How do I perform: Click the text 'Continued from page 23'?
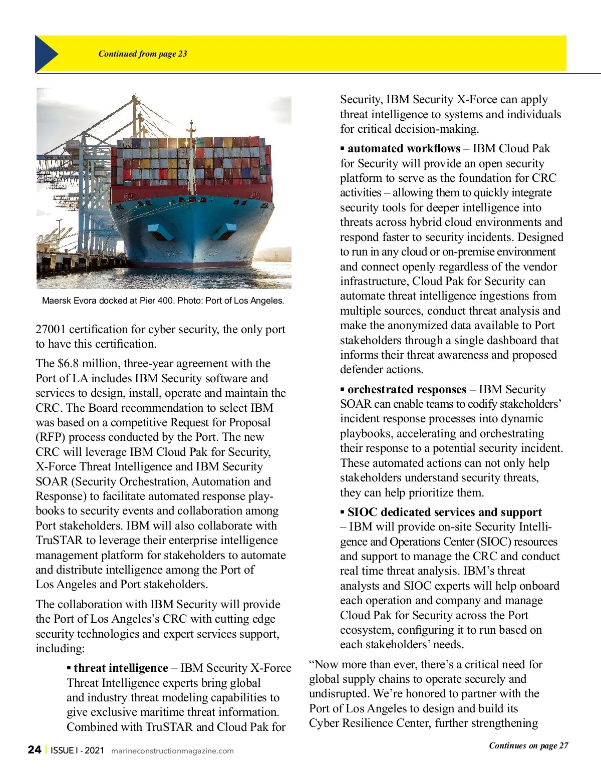tap(143, 54)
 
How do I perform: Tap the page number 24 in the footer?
tap(35, 749)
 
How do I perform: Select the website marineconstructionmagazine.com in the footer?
tap(172, 750)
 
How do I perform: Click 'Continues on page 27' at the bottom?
tap(528, 745)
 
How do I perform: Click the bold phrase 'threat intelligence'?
tap(121, 668)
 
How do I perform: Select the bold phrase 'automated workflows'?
tap(404, 148)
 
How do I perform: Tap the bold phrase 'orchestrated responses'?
tap(407, 389)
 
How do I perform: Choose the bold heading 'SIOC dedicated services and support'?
tap(444, 512)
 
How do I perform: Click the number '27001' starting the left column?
tap(51, 329)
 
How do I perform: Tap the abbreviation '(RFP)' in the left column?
tap(50, 437)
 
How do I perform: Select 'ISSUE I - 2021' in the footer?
tap(78, 750)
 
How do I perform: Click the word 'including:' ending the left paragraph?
tap(60, 648)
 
